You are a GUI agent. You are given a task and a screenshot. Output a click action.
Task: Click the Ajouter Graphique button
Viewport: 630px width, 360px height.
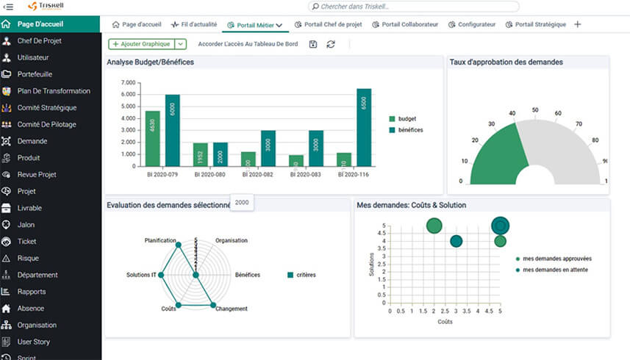(141, 44)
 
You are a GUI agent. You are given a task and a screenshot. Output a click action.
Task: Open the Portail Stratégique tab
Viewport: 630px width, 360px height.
(540, 24)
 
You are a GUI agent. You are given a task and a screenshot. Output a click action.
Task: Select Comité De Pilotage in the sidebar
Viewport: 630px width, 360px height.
(47, 124)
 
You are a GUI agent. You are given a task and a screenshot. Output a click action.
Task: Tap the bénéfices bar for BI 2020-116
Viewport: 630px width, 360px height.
(364, 127)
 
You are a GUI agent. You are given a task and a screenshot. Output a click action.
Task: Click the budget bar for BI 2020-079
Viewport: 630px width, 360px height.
(152, 138)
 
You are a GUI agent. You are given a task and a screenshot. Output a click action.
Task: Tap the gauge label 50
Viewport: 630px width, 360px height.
(535, 110)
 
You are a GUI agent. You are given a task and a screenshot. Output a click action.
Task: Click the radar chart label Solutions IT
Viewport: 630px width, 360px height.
(142, 275)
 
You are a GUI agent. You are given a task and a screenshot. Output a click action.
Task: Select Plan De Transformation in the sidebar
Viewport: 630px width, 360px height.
(54, 91)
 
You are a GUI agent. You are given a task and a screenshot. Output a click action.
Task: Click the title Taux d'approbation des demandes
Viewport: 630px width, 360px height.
(506, 62)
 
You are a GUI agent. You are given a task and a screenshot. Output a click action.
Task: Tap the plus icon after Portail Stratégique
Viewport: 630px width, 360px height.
(577, 24)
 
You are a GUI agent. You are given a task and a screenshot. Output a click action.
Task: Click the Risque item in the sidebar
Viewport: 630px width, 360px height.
(29, 259)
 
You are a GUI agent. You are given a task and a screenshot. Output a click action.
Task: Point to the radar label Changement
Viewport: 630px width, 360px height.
(232, 309)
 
